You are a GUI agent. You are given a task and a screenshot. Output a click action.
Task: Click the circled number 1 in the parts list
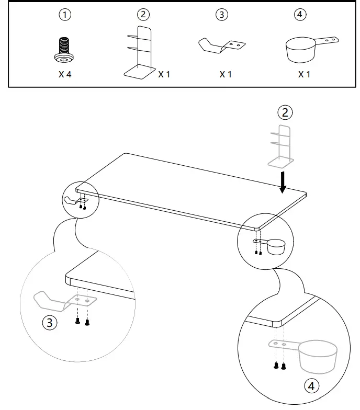coord(65,15)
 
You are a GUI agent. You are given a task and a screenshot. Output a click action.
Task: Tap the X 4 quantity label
coord(65,74)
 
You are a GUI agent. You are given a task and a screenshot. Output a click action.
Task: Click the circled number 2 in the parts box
coord(143,15)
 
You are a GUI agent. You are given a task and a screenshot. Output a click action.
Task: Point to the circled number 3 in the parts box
coord(222,15)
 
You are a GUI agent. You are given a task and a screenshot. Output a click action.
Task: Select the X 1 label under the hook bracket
coord(226,74)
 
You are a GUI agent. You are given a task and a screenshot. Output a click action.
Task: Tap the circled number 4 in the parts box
coord(300,15)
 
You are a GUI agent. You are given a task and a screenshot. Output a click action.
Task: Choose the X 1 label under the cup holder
coord(304,74)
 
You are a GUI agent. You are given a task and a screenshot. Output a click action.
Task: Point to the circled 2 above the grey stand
coord(285,112)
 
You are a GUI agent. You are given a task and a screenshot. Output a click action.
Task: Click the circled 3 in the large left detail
coord(50,323)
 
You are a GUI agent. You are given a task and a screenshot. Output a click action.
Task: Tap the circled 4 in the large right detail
coord(311,386)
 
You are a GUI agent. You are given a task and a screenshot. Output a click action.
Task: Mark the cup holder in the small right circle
coord(274,246)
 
